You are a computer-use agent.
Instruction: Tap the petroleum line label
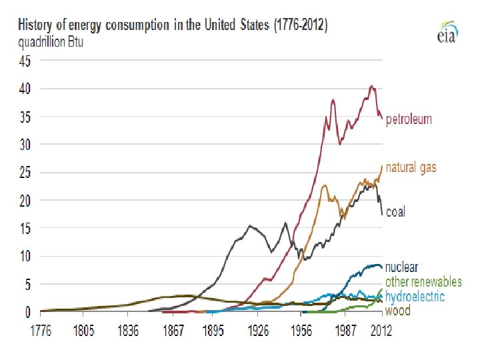click(409, 119)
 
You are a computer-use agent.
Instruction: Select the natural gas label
click(411, 167)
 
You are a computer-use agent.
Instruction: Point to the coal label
click(395, 212)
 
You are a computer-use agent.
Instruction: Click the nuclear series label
click(401, 268)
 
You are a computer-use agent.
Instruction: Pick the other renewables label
click(423, 282)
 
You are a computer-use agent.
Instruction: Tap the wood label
click(397, 311)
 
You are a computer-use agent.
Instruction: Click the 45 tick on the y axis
click(24, 61)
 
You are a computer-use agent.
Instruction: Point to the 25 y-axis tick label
click(24, 172)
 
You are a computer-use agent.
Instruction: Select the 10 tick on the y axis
click(24, 256)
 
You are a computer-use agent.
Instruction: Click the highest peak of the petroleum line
click(371, 85)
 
